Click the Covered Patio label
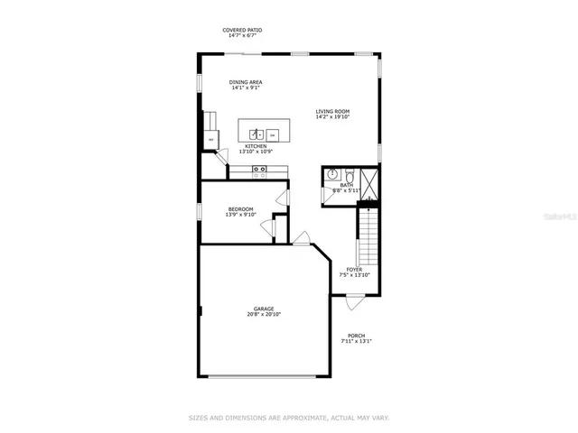(x=243, y=30)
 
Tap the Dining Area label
(x=246, y=82)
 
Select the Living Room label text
(x=332, y=111)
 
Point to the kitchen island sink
(x=256, y=134)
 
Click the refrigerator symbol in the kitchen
(x=210, y=140)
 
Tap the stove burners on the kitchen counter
(x=260, y=169)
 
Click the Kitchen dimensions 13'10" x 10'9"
(x=256, y=152)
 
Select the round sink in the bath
(x=332, y=175)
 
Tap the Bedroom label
(x=240, y=209)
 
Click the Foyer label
(x=354, y=269)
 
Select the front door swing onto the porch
(x=352, y=304)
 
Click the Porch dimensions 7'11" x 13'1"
(x=356, y=341)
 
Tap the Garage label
(x=264, y=309)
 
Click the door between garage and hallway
(x=302, y=238)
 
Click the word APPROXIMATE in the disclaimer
(x=307, y=418)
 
